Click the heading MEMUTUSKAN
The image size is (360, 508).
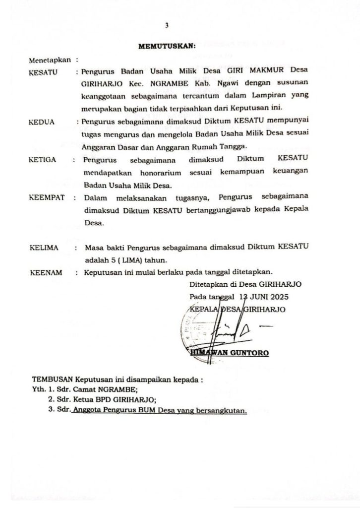coord(167,47)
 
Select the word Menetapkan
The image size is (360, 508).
coord(49,60)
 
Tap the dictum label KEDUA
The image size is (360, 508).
coord(43,121)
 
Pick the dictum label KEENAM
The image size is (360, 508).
coord(45,272)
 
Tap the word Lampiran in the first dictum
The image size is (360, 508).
coord(275,95)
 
